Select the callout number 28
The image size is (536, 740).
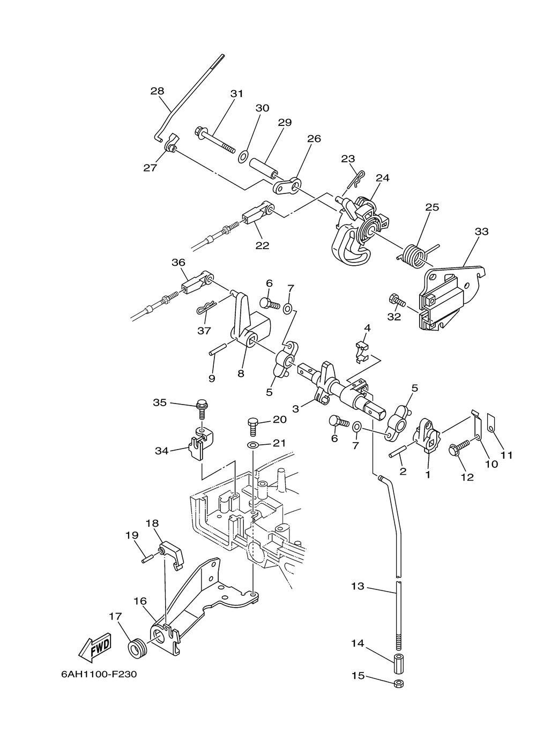[157, 91]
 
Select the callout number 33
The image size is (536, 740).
[481, 231]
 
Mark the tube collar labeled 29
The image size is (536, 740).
[263, 168]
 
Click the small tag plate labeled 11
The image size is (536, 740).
[492, 423]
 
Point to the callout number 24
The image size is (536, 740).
[383, 178]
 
